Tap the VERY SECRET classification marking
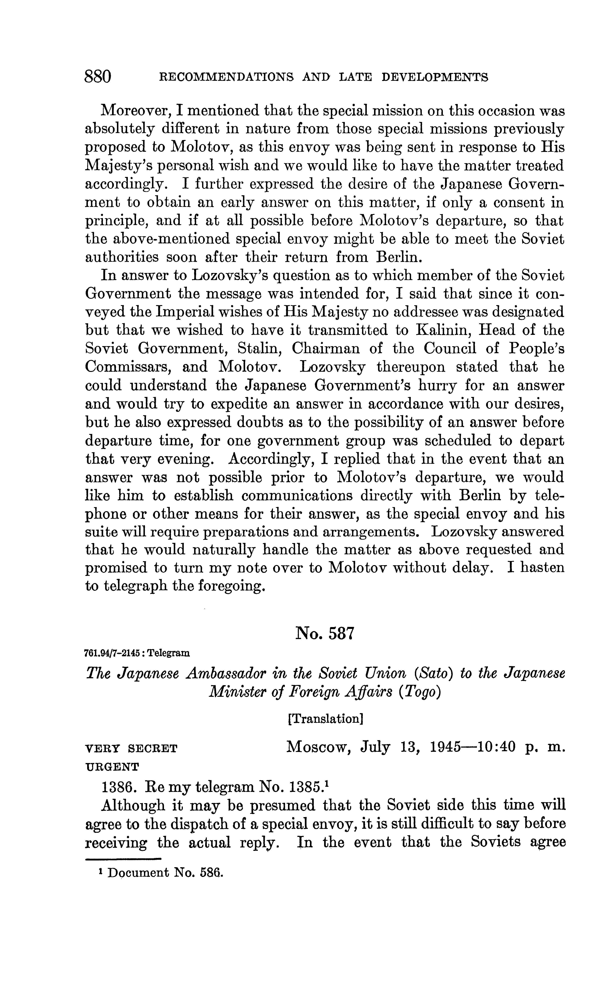click(x=131, y=749)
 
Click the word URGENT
click(x=112, y=767)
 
